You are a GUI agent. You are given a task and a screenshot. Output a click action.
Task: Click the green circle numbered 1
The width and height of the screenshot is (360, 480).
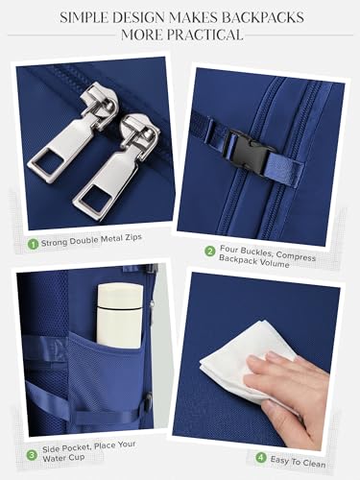click(x=33, y=245)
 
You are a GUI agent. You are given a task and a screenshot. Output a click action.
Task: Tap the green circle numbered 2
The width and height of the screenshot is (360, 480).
click(x=210, y=251)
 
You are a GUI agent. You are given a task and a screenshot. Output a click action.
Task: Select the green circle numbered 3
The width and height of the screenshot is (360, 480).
click(x=32, y=455)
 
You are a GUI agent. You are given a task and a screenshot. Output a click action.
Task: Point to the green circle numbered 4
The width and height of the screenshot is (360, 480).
click(x=261, y=458)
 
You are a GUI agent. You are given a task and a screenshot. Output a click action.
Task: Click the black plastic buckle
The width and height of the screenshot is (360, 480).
click(x=249, y=150)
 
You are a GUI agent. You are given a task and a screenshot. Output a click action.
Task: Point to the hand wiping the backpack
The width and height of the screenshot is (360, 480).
click(x=288, y=394)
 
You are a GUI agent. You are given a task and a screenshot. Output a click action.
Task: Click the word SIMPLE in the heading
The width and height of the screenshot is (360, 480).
click(x=84, y=17)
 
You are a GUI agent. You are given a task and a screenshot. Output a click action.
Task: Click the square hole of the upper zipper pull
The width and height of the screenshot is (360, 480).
click(x=47, y=161)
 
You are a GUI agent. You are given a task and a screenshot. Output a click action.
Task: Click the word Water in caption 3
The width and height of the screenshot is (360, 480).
click(x=53, y=458)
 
